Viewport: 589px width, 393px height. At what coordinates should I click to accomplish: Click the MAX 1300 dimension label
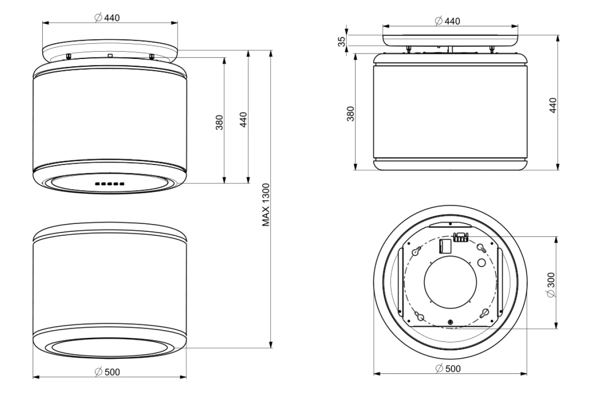266,204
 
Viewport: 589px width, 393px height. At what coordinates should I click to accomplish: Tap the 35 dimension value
342,42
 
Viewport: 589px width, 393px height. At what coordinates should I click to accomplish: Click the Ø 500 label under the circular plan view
448,368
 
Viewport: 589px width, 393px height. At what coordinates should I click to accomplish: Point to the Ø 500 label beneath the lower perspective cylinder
107,372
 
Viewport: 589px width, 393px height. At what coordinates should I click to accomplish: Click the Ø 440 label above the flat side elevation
448,21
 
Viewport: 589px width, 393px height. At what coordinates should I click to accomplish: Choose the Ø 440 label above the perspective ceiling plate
107,18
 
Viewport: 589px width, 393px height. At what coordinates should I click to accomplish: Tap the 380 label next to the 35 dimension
351,113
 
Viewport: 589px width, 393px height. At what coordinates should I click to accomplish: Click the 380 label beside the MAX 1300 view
219,122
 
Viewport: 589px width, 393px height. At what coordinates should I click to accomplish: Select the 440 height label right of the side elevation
553,105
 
